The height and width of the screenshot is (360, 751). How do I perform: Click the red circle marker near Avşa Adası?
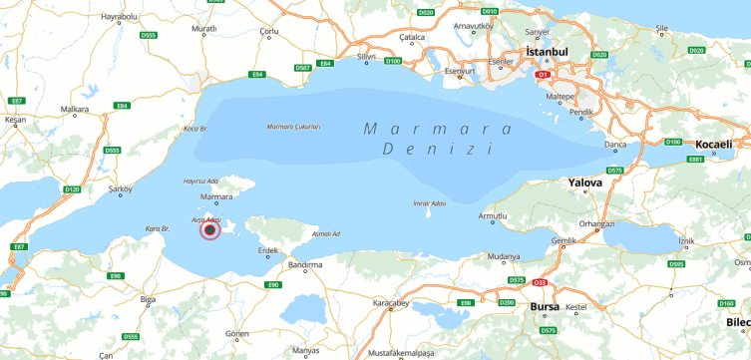point(209,230)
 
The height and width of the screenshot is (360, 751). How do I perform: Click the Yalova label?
point(584,183)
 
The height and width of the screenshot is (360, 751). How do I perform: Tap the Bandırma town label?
point(304,265)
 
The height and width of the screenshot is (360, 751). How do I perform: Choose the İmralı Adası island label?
point(428,203)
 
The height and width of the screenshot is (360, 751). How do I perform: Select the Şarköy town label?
point(120,188)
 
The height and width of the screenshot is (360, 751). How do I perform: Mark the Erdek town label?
point(268,251)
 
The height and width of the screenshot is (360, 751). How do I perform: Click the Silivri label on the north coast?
point(367,57)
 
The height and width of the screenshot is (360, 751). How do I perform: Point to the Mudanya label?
point(503,256)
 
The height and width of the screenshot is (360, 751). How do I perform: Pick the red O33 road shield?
point(540,283)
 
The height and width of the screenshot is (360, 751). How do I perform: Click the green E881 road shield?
point(695,159)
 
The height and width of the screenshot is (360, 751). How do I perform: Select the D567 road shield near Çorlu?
point(303,68)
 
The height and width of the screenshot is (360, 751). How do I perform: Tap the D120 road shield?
point(72,188)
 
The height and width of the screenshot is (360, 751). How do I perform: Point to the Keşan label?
point(14,120)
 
